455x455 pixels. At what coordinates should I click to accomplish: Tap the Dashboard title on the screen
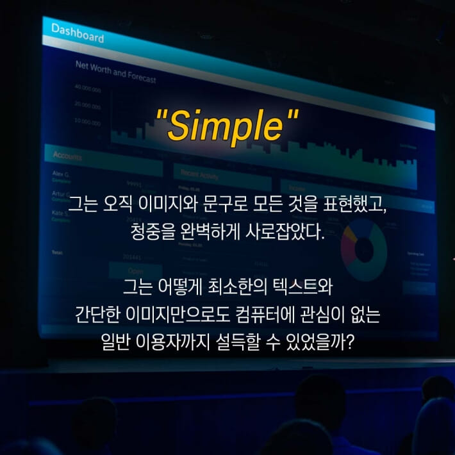(77, 33)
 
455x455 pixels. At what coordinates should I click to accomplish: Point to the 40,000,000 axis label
(88, 89)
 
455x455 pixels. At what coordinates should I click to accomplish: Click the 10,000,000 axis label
(88, 120)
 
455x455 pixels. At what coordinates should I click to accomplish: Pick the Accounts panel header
(67, 156)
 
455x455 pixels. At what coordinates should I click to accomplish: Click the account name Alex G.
(61, 174)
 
